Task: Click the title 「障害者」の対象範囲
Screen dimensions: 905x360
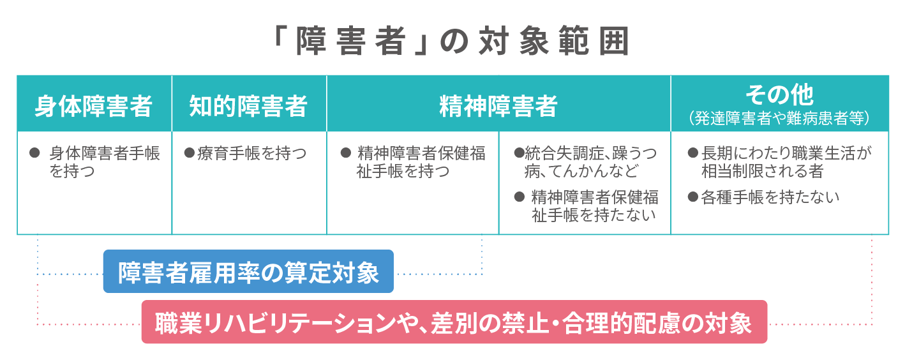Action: click(451, 41)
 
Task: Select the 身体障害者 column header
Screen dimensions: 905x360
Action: click(94, 106)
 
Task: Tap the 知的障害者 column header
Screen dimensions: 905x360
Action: click(248, 106)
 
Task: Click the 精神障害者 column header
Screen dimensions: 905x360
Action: click(498, 106)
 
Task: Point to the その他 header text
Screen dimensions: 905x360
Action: click(779, 95)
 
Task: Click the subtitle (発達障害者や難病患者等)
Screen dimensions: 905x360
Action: click(779, 118)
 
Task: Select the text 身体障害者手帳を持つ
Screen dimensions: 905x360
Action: click(105, 162)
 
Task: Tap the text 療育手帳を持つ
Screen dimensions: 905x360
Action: click(251, 154)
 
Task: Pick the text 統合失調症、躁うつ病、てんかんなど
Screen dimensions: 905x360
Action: click(590, 162)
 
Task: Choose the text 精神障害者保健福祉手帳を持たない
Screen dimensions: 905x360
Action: click(595, 206)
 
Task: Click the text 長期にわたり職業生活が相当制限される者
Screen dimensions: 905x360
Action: click(786, 162)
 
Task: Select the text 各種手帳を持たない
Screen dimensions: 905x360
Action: click(770, 198)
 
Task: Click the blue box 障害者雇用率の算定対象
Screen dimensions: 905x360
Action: click(248, 271)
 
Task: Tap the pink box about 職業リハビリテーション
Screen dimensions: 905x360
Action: click(454, 322)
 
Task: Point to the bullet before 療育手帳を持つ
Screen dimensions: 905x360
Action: click(189, 153)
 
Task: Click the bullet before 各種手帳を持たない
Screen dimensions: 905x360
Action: click(693, 197)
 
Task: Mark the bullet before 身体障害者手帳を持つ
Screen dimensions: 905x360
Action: click(34, 153)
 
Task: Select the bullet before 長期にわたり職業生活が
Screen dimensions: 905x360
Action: click(693, 153)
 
